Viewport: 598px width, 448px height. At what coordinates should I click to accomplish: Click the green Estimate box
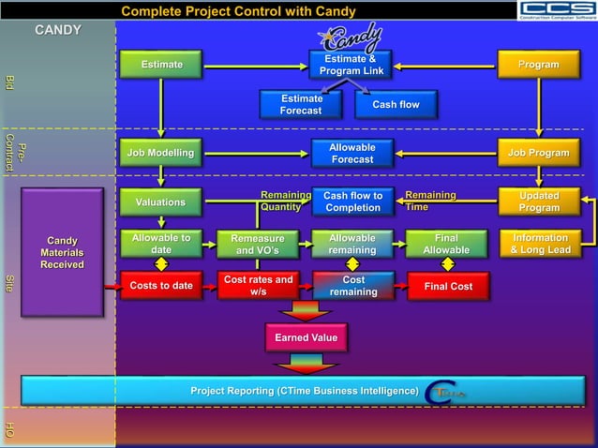[161, 65]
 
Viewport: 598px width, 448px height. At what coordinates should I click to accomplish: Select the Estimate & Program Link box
[351, 66]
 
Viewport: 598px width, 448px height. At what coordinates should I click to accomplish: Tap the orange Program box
[539, 65]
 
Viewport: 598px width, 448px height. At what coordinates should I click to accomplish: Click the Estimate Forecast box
[301, 105]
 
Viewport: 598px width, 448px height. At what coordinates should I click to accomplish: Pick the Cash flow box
[396, 105]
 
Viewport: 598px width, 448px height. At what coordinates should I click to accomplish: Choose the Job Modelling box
[160, 153]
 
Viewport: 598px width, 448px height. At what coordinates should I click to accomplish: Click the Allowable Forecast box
[351, 154]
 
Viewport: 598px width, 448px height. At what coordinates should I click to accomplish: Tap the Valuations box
[160, 202]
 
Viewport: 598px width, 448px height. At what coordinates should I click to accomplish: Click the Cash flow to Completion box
[352, 202]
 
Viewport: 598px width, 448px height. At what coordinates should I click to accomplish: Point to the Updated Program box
[539, 202]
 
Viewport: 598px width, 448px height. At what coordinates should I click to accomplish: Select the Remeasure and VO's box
[257, 245]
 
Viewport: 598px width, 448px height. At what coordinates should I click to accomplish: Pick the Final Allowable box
[447, 245]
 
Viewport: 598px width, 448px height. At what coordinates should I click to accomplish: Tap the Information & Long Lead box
[540, 244]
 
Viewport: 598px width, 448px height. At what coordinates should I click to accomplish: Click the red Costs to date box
[161, 286]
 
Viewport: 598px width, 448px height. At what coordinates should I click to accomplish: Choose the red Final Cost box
[448, 286]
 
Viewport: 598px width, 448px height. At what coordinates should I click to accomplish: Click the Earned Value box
[306, 337]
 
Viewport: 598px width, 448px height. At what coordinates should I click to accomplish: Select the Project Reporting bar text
[305, 391]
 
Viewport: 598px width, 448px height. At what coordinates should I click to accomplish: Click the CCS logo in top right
[558, 10]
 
